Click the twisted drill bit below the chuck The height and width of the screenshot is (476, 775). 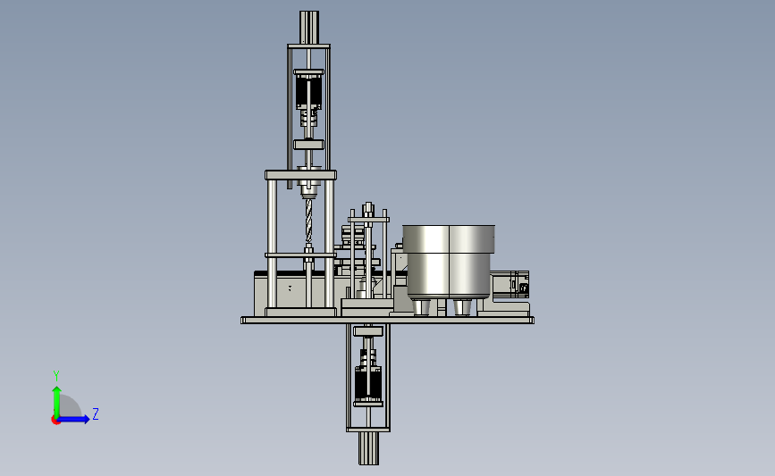tap(309, 221)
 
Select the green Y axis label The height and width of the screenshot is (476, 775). tap(55, 376)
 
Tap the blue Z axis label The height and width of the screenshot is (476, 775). tap(96, 413)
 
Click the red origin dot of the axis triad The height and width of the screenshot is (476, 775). tap(55, 421)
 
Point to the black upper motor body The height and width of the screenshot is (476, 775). tap(309, 92)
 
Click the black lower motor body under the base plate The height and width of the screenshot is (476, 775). tap(368, 383)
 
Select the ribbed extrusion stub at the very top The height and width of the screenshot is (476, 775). tap(309, 28)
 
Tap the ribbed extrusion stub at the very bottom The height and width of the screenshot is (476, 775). tap(368, 447)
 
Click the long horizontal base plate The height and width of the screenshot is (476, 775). tap(388, 321)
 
